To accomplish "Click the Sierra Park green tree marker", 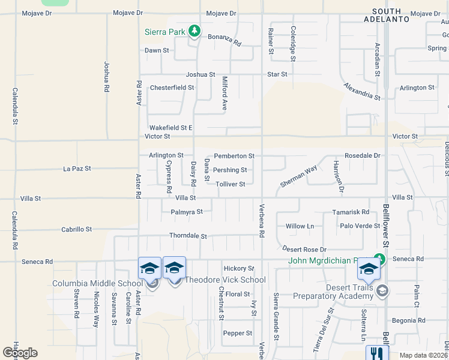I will [x=193, y=30].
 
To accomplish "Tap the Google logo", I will [x=20, y=353].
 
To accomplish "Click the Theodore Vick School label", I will [x=224, y=280].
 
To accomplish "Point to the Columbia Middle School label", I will [x=97, y=283].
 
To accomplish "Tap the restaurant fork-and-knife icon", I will [x=377, y=353].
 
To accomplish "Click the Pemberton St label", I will [x=234, y=156].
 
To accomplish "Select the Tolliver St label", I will [x=230, y=184].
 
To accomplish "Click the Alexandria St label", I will [x=362, y=92].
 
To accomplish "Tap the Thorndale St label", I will [x=188, y=236].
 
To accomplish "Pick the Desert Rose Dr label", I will [x=304, y=249].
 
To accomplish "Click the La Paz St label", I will [x=77, y=169].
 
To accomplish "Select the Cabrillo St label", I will [x=77, y=229].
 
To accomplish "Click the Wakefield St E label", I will [x=170, y=128].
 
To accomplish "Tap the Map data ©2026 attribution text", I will [x=423, y=355].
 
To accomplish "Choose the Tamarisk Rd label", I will [x=351, y=212].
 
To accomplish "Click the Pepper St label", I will [x=237, y=333].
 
